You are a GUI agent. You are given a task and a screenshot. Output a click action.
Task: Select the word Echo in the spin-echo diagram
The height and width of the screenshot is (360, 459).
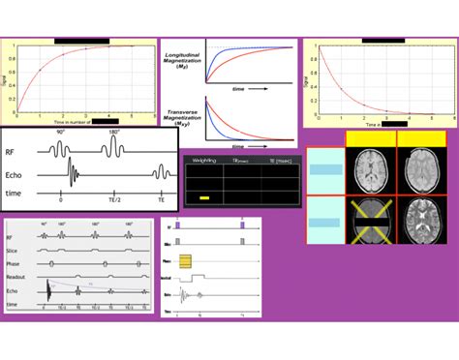[x=19, y=174]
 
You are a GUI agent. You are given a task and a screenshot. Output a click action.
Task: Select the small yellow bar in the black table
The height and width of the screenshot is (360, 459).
[x=204, y=197]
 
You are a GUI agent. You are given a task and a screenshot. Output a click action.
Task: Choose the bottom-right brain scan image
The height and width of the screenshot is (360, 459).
[x=422, y=218]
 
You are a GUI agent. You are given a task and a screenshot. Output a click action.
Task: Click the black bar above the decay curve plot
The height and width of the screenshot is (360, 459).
[x=381, y=41]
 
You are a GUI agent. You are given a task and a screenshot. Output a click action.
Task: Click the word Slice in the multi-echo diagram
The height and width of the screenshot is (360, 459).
[x=15, y=250]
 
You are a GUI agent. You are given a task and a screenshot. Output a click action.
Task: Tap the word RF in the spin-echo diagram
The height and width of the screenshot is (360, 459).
[x=17, y=151]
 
